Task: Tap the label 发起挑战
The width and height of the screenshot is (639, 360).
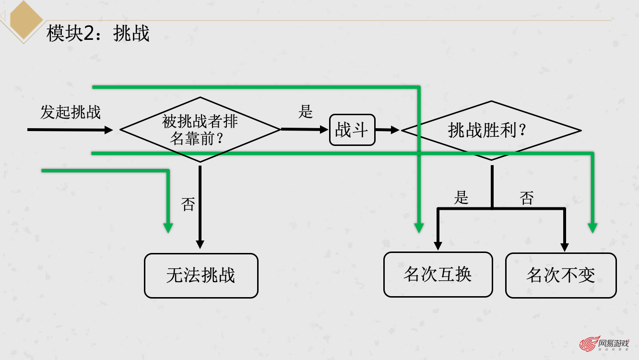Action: tap(71, 112)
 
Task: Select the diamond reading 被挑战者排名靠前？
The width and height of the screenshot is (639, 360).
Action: tap(200, 130)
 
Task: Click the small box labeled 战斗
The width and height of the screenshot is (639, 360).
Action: tap(352, 130)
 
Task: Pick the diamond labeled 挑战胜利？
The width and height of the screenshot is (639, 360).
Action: tap(491, 130)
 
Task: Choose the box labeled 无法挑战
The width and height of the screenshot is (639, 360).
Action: tap(201, 276)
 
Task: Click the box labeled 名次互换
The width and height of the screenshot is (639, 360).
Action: tap(438, 275)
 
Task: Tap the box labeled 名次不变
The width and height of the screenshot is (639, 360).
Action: tap(561, 276)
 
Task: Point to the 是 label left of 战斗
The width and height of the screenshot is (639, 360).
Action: tap(306, 112)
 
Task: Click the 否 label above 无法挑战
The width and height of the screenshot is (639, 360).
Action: tap(188, 204)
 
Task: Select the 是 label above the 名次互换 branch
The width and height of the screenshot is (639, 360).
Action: tap(461, 197)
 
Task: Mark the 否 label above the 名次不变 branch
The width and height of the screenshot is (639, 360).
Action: tap(527, 198)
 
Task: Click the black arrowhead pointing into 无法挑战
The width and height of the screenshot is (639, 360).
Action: tap(200, 244)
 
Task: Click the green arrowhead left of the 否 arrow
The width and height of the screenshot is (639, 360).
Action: tap(168, 228)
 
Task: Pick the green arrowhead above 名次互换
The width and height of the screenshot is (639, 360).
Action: tap(419, 228)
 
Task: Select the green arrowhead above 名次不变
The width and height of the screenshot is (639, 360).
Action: tap(593, 228)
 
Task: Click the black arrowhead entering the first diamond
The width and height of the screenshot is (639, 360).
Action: tap(108, 130)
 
